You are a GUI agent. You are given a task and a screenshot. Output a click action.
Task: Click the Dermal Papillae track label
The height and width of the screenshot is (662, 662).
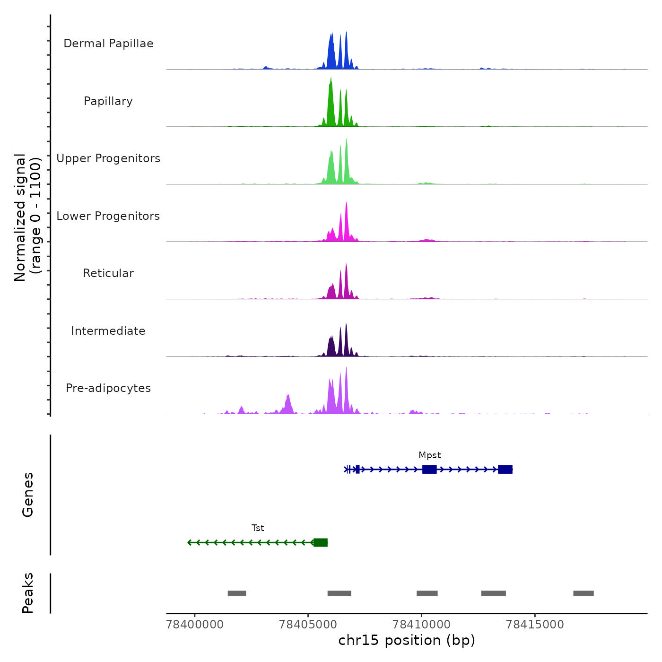pos(108,44)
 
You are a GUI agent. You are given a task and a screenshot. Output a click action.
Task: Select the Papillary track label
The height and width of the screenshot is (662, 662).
pos(108,101)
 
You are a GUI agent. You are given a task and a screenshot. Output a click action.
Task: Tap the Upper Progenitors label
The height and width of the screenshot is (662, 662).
pos(108,158)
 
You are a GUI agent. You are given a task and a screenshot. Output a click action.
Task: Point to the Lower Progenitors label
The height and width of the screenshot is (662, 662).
pos(108,216)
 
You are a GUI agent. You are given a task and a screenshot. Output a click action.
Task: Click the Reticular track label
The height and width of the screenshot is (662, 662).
pos(108,273)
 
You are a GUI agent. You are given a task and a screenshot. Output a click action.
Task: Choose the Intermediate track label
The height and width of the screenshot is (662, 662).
pos(108,331)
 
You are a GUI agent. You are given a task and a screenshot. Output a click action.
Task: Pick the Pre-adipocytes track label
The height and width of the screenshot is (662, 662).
pos(108,388)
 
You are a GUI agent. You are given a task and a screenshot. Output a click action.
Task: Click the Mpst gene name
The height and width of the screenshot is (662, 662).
pos(429,455)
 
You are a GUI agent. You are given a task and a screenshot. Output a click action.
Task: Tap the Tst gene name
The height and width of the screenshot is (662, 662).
pos(258,528)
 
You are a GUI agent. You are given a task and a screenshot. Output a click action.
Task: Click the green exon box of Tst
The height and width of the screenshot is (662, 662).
pos(321,542)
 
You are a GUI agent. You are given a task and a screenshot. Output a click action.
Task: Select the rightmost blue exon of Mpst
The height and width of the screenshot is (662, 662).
pos(505,469)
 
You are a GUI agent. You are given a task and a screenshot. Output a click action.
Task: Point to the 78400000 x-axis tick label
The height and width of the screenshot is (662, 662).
pos(195,625)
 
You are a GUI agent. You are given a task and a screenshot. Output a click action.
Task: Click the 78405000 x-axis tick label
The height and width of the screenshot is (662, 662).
pos(308,625)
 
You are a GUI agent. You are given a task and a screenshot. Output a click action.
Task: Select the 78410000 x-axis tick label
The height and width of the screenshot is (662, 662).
pos(422,625)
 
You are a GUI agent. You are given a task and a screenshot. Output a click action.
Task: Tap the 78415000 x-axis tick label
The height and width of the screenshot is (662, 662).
pos(535,625)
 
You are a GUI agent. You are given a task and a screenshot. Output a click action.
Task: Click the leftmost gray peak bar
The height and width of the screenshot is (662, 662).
pos(237,593)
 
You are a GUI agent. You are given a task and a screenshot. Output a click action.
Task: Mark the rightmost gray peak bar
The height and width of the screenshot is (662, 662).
pos(584,593)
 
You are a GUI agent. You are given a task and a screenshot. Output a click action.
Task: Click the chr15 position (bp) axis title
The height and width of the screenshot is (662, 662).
pos(407,641)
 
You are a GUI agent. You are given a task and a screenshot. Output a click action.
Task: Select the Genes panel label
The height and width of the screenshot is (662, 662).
pos(28,495)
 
